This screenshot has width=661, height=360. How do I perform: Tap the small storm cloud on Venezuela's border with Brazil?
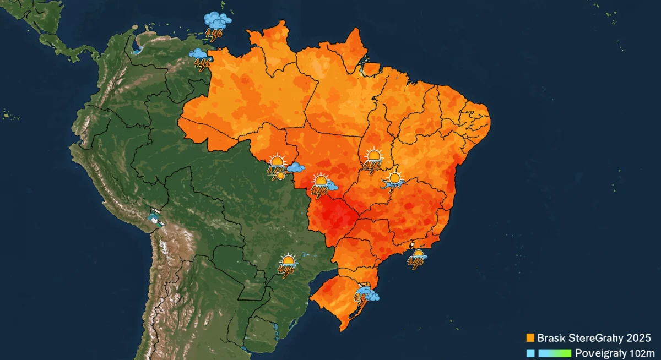199,54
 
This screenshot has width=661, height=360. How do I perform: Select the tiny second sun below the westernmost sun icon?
280,176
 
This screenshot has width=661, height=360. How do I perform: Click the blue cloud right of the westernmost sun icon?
296,167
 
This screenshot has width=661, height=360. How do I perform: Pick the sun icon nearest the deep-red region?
320,181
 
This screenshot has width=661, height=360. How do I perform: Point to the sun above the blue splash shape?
394,178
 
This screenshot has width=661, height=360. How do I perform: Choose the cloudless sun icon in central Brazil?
374,155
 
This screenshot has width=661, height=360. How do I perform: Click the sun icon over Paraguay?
288,260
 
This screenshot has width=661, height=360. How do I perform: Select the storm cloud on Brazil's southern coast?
366,294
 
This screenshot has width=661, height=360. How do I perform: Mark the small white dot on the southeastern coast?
411,244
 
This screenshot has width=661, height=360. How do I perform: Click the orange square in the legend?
531,337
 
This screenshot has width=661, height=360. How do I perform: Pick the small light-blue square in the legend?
530,353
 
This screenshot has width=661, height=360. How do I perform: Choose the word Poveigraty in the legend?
597,353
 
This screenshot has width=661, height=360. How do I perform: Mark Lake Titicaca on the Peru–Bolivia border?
156,220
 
